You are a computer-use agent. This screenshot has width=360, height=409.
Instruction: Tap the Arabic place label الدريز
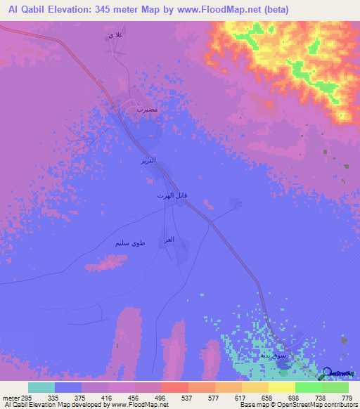[x=147, y=161]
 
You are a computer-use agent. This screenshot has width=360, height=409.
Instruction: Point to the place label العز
[x=168, y=240]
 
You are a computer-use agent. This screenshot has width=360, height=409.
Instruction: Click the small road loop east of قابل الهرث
[x=236, y=204]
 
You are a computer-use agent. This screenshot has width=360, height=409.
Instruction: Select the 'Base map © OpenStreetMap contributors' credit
[x=297, y=405]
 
